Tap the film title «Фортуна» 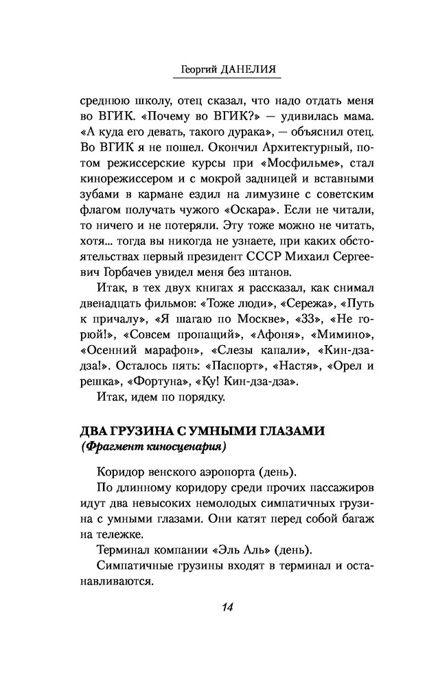[158, 379]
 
